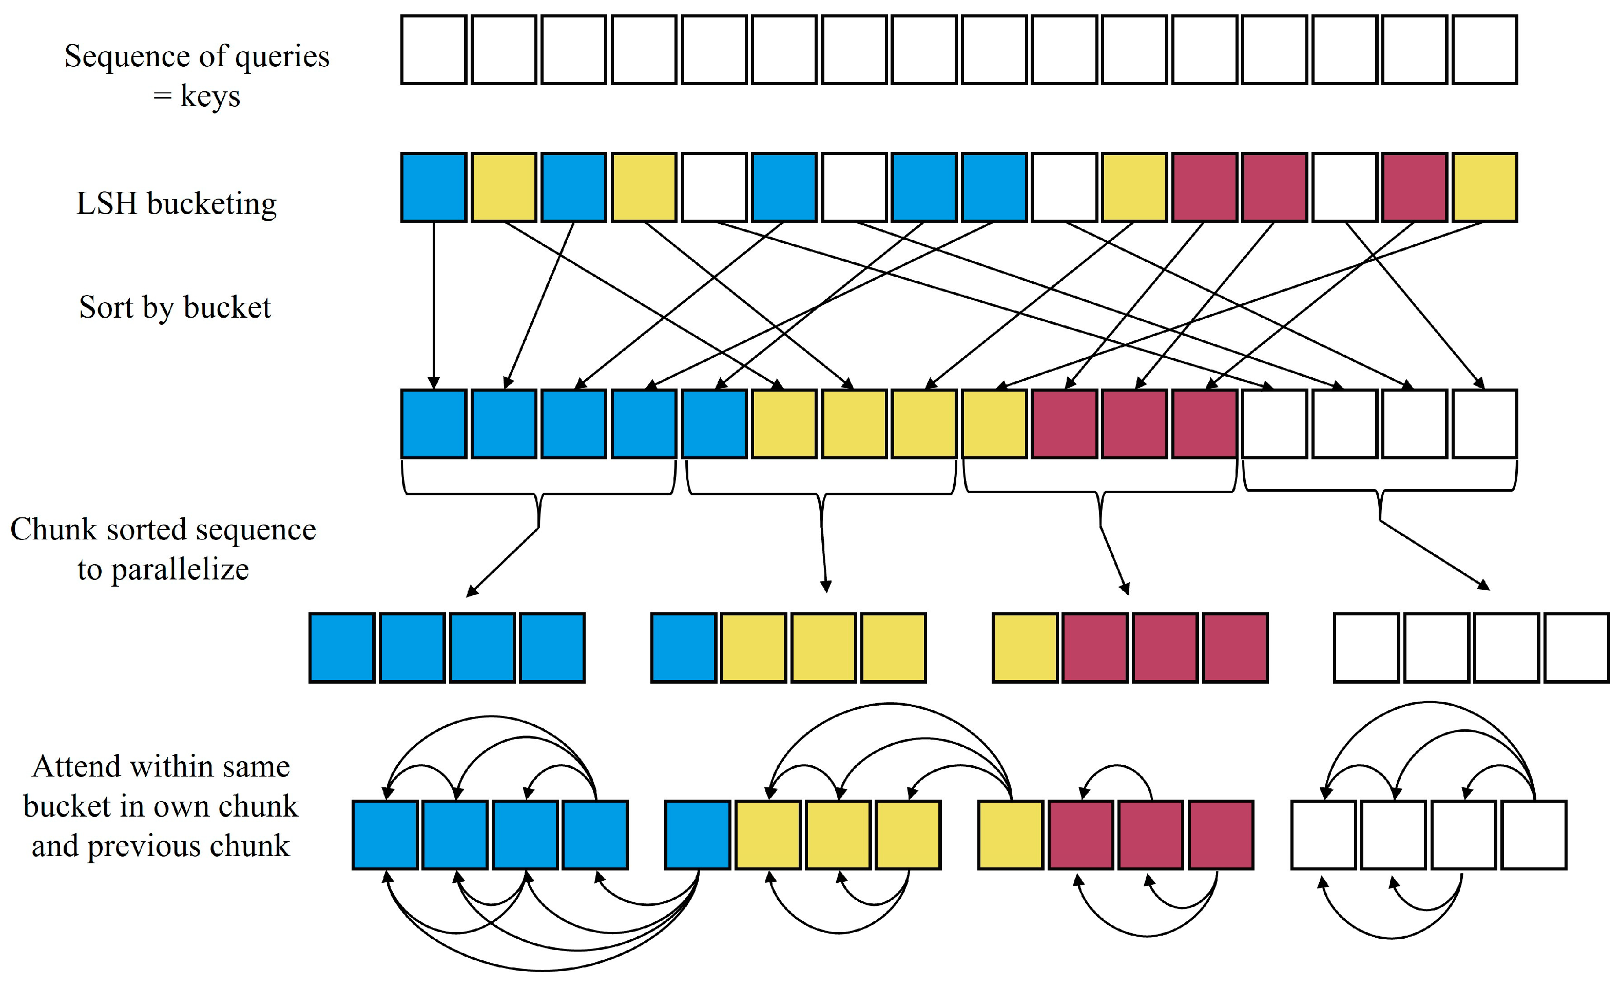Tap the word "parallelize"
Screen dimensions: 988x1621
(180, 570)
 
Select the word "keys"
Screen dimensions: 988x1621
(210, 96)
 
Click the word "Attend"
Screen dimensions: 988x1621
(76, 766)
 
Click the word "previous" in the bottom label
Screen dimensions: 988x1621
(149, 846)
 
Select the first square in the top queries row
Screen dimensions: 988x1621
(434, 50)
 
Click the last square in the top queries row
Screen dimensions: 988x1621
(1484, 50)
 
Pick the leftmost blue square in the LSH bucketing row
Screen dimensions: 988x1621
(434, 187)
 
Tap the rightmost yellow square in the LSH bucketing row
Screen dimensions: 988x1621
(1484, 187)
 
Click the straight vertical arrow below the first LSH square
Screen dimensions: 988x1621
(434, 303)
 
